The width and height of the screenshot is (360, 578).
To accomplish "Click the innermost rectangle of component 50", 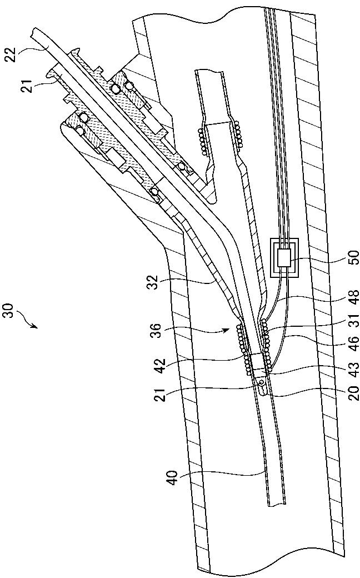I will point(284,257).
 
